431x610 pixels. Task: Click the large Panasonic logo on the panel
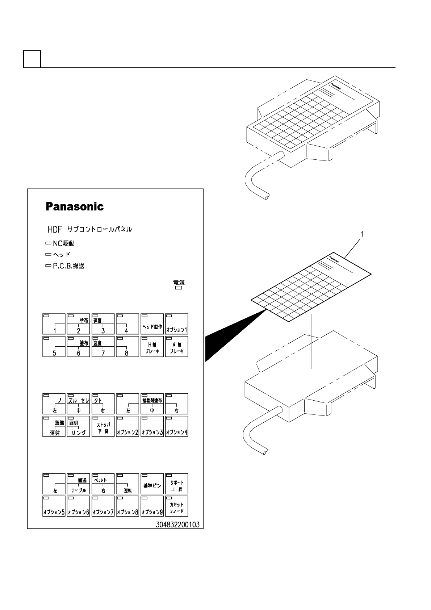click(x=75, y=207)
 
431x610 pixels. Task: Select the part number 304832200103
click(x=177, y=524)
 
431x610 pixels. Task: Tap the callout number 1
click(x=362, y=234)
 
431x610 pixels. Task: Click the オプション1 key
click(x=176, y=324)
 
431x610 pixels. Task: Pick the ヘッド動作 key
click(x=152, y=324)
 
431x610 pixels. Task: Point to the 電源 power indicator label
click(x=179, y=284)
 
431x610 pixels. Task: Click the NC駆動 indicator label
click(x=60, y=243)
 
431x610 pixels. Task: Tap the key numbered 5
click(x=54, y=347)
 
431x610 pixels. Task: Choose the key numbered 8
click(x=127, y=347)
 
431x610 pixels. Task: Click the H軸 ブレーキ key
click(x=152, y=347)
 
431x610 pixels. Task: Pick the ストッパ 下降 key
click(x=103, y=426)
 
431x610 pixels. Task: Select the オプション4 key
click(x=176, y=426)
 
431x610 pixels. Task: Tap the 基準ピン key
click(x=152, y=484)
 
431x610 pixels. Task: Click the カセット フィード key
click(x=176, y=506)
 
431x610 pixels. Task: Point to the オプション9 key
click(x=152, y=506)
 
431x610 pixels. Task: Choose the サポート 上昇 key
click(x=176, y=484)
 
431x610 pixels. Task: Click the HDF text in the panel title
click(x=55, y=230)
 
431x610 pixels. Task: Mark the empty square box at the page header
click(x=32, y=59)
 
